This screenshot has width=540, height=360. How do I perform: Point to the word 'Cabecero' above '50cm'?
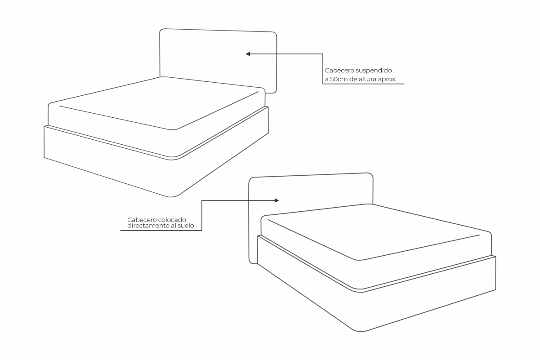[x=339, y=71]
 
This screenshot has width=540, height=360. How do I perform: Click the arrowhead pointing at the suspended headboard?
[x=248, y=54]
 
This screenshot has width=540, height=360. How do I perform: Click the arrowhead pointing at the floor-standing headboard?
[x=277, y=200]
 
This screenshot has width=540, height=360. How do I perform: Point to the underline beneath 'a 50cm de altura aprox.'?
[x=364, y=84]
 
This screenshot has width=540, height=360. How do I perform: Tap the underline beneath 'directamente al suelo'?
[x=161, y=231]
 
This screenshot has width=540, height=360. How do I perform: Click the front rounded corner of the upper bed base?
[x=171, y=197]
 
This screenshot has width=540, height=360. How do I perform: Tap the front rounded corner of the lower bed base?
[x=361, y=331]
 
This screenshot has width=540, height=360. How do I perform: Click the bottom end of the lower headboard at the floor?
[x=253, y=264]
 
